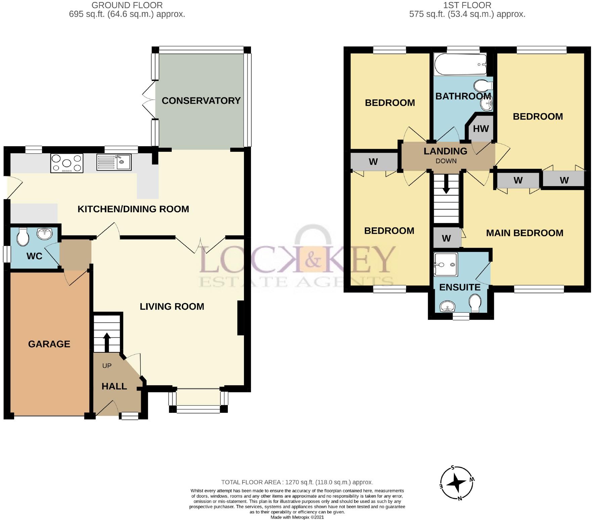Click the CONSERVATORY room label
click(x=201, y=101)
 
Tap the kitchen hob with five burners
click(x=67, y=163)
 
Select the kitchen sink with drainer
click(x=114, y=162)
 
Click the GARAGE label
click(x=49, y=344)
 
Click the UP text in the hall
click(x=107, y=365)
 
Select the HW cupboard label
click(x=481, y=129)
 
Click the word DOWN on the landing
click(x=446, y=161)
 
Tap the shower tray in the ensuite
click(x=446, y=265)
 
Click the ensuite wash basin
click(x=447, y=306)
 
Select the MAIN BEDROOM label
click(x=524, y=233)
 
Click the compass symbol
click(x=457, y=483)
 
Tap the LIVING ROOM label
click(x=172, y=306)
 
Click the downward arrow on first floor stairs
click(x=446, y=184)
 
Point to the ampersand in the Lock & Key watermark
click(x=312, y=259)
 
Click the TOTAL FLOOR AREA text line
click(x=297, y=482)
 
